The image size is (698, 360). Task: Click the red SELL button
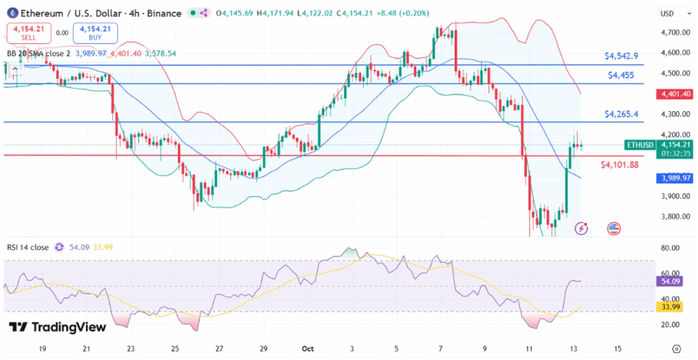[x=29, y=32]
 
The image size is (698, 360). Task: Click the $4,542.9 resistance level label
[x=622, y=56]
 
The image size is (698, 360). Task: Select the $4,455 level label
[x=622, y=75]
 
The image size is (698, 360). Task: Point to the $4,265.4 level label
[x=622, y=114]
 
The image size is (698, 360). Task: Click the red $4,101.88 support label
[x=619, y=164]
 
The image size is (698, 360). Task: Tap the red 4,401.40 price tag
[x=674, y=94]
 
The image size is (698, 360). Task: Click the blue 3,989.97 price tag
[x=674, y=178]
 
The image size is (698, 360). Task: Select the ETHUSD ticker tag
[x=640, y=145]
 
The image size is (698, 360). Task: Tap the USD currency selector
[x=667, y=14]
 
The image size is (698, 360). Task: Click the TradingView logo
[x=58, y=327]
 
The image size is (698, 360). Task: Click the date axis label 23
[x=131, y=348]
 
